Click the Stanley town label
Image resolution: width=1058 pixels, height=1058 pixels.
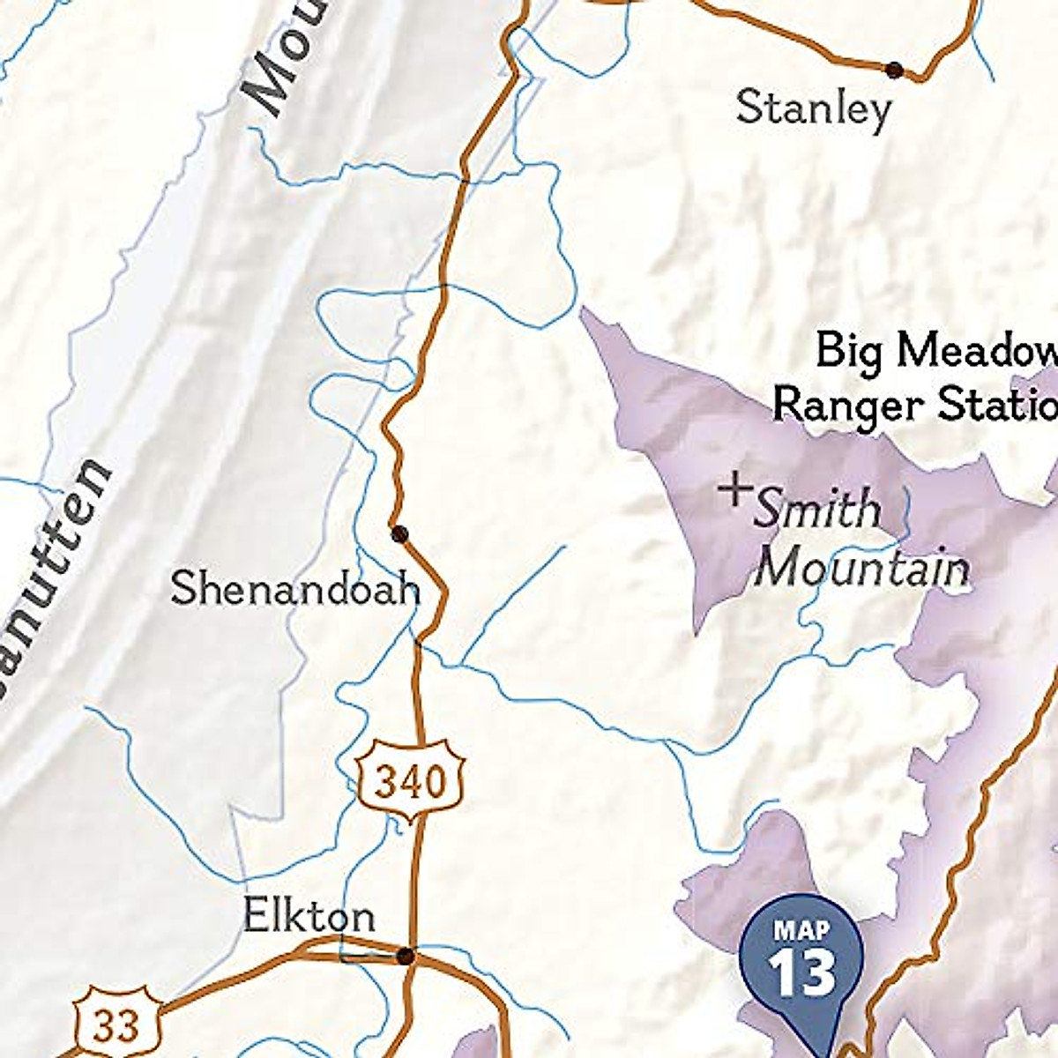813,109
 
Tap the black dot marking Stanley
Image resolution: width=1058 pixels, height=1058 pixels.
894,70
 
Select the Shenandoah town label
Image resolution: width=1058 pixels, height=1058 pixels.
294,589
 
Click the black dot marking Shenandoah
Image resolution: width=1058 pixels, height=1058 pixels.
399,533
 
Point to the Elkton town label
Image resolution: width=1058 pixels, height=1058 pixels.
309,917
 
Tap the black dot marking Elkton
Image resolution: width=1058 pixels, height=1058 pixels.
406,956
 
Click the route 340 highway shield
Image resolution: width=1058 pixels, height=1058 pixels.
411,780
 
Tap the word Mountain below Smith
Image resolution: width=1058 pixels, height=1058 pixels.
861,568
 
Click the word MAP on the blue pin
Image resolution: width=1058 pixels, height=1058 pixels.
801,930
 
